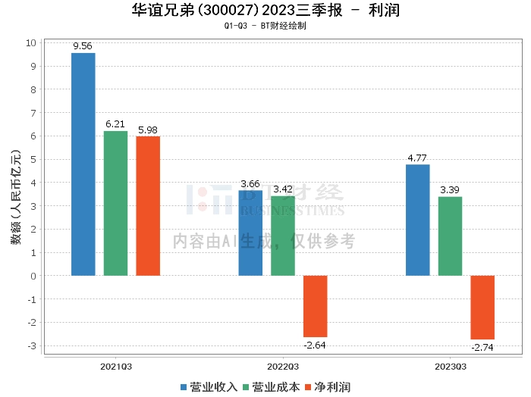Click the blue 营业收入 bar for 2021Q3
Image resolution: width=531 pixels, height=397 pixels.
point(83,164)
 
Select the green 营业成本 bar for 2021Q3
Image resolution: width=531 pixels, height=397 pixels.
point(115,203)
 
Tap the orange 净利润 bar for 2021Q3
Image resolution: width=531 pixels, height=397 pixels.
point(148,205)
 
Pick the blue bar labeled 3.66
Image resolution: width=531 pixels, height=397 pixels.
point(250,233)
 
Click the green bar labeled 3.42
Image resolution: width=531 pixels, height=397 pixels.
point(283,236)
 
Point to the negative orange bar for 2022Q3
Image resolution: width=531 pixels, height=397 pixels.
point(316,306)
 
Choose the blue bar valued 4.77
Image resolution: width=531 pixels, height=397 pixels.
point(418,220)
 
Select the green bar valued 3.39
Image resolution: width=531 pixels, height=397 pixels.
point(450,236)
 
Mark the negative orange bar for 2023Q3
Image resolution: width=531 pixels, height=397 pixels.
point(482,307)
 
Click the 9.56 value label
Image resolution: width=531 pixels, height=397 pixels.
point(83,47)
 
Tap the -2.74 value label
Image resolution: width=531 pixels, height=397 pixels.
point(482,346)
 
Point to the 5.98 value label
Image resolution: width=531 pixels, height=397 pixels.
point(148,130)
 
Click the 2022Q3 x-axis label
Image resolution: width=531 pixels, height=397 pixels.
point(283,366)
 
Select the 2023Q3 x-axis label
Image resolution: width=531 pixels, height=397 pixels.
point(451,366)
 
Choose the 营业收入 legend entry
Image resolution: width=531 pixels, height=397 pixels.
point(209,386)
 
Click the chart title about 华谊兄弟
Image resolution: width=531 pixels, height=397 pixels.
point(265,11)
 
